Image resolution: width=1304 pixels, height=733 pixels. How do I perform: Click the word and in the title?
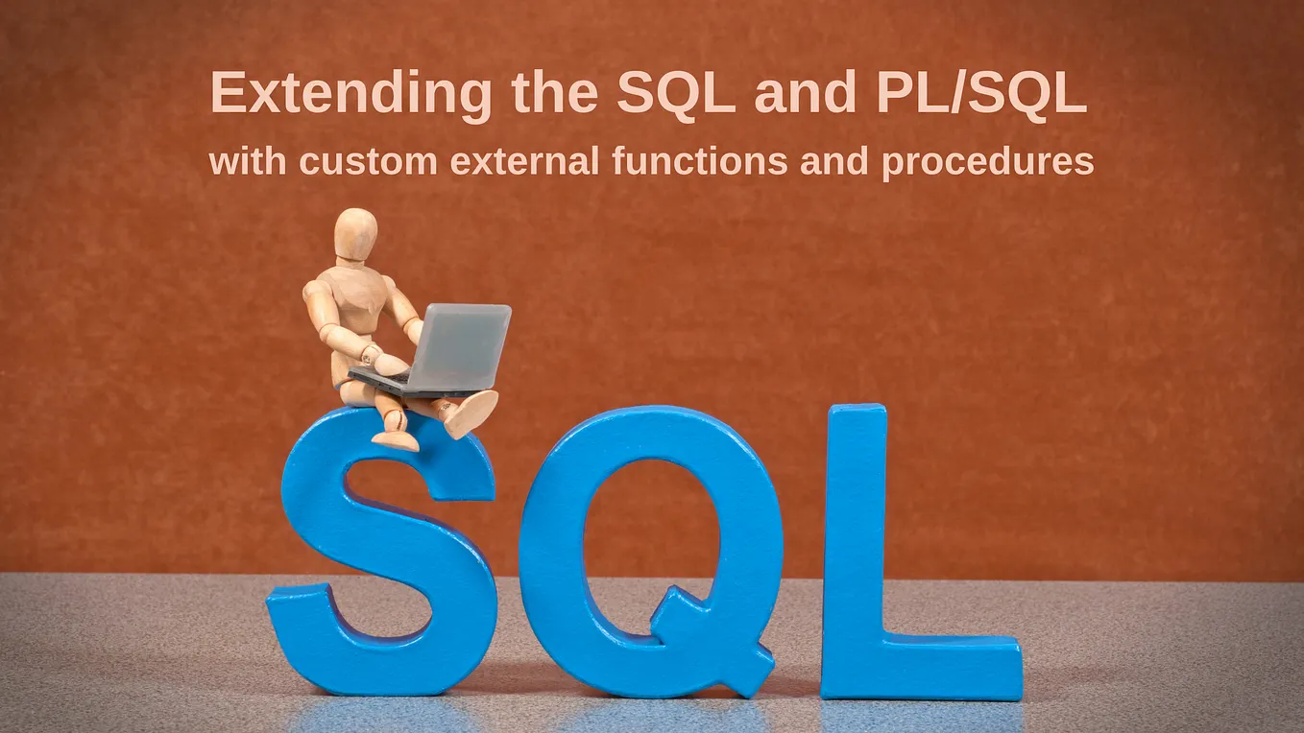click(x=805, y=94)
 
